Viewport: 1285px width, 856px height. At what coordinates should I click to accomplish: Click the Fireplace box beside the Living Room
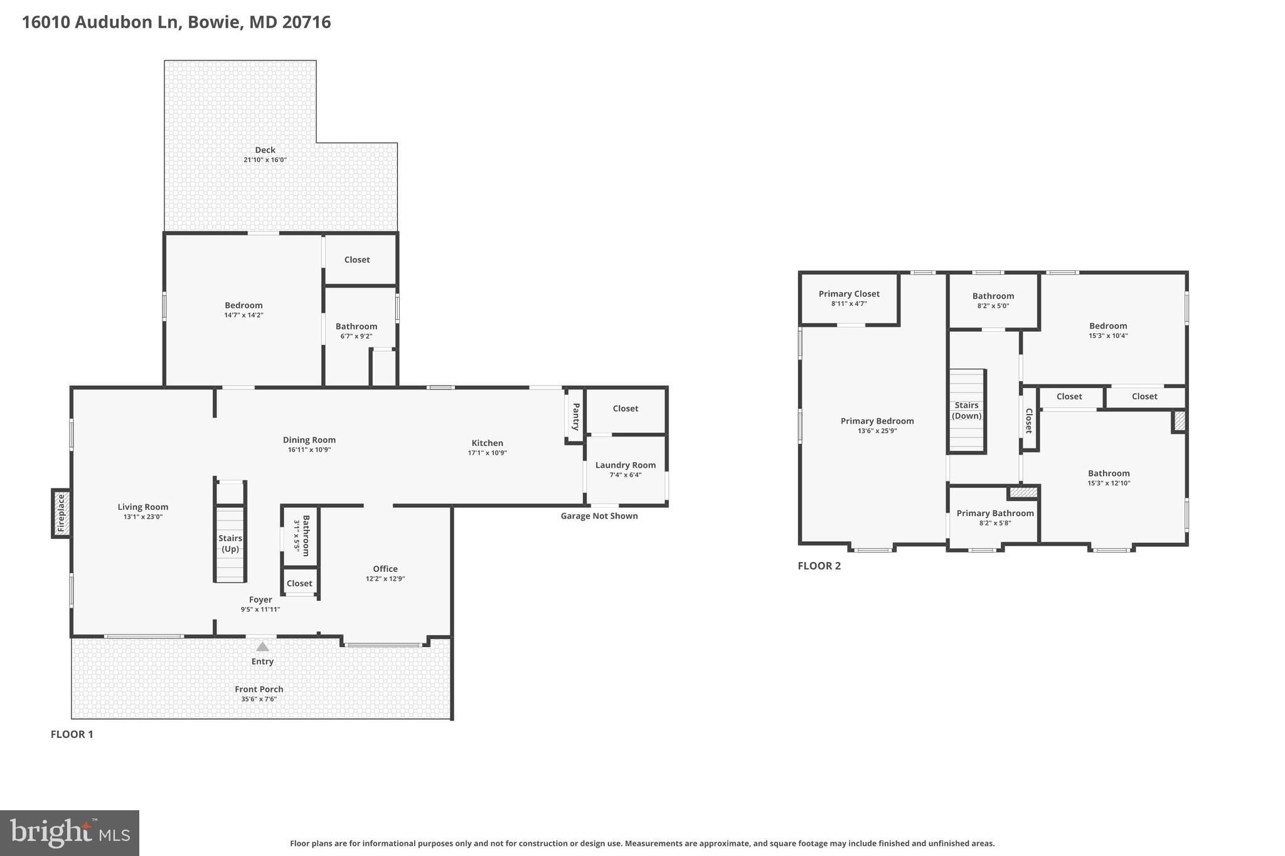coord(61,514)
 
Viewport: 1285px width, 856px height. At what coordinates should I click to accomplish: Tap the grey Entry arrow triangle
coord(262,647)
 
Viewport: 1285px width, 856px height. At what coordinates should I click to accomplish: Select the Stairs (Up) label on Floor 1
coord(230,543)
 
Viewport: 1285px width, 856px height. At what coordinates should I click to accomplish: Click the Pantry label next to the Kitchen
coord(575,416)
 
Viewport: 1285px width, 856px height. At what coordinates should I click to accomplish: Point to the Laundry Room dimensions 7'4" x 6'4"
coord(625,475)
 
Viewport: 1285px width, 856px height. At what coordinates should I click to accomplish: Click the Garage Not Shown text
coord(599,516)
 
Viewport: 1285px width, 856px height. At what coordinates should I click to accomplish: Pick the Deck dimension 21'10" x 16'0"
coord(265,160)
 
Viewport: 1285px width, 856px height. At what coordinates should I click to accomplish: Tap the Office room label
coord(385,569)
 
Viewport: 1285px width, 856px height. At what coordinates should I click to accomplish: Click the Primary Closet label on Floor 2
coord(849,293)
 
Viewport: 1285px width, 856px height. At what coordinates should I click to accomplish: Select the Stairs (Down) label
coord(966,410)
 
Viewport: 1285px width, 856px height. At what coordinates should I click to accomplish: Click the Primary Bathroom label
coord(994,513)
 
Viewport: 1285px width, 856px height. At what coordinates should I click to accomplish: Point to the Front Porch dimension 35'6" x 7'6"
coord(259,699)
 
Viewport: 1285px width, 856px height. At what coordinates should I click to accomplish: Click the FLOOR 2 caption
coord(819,566)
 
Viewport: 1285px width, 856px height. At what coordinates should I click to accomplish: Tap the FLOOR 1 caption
coord(72,734)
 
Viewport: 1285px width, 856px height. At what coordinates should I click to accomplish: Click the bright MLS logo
coord(70,833)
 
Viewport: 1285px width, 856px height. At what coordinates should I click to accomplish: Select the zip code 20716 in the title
coord(306,23)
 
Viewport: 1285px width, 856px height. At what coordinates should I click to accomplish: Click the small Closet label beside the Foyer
coord(299,583)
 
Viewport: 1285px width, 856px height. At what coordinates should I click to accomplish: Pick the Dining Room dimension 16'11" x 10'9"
coord(309,450)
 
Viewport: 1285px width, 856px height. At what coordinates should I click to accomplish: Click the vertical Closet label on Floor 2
coord(1028,421)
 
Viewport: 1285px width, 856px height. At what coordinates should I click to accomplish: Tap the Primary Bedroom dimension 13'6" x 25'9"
coord(877,431)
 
